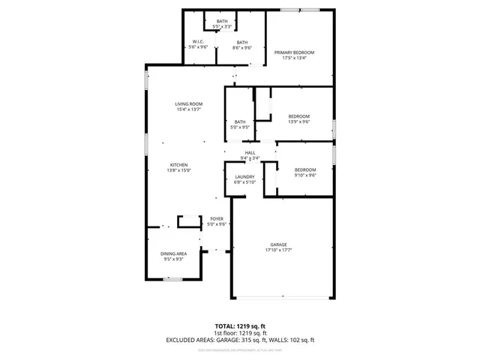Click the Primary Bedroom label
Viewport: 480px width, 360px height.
[x=294, y=52]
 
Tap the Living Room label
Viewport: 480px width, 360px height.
[x=189, y=104]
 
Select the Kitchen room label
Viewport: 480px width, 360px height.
[x=178, y=165]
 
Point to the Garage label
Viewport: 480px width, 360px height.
[x=279, y=244]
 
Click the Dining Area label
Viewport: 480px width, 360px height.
[x=173, y=254]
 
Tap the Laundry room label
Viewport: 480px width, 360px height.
[x=244, y=176]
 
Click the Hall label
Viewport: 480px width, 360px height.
[x=250, y=153]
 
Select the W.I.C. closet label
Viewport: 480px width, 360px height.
[x=198, y=41]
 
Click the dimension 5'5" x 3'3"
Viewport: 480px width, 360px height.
[x=222, y=26]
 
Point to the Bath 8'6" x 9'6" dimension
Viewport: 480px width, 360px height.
[x=242, y=47]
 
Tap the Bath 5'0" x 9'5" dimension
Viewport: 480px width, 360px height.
[x=240, y=127]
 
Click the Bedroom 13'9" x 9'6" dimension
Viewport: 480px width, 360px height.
[x=299, y=121]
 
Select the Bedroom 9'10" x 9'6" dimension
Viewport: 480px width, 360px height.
[x=305, y=175]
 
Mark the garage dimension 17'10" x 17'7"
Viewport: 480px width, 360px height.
[x=279, y=250]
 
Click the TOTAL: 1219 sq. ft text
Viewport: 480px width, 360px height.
[x=240, y=326]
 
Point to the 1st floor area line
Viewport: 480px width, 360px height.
[x=240, y=333]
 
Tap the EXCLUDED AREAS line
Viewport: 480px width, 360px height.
[x=240, y=340]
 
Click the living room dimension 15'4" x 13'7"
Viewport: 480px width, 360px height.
[x=189, y=109]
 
